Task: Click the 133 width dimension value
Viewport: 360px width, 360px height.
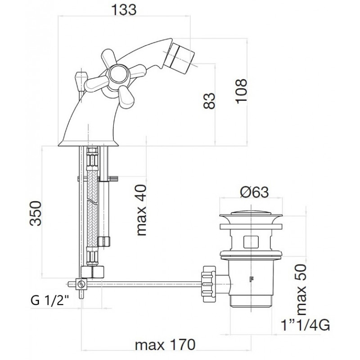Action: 124,10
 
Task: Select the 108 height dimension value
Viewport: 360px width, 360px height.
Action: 241,91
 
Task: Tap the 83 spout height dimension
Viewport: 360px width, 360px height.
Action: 209,100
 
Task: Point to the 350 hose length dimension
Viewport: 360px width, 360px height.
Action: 36,213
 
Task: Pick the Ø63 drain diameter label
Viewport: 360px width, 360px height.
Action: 254,192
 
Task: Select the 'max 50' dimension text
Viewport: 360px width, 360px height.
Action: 301,290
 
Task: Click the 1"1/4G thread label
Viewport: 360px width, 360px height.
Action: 306,325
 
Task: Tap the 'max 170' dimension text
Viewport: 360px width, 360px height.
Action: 165,345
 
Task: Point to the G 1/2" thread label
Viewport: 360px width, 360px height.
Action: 49,300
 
